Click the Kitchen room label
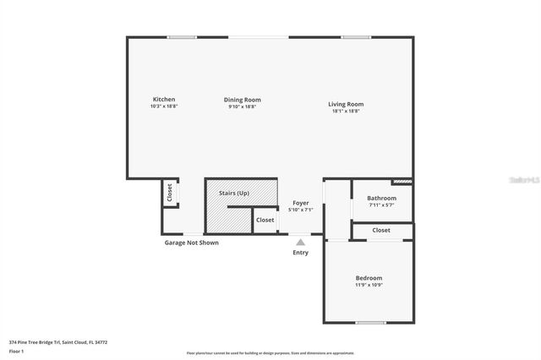[x=163, y=100]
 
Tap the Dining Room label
[x=242, y=100]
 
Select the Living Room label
[x=346, y=104]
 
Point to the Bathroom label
[x=382, y=199]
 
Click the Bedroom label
[x=369, y=278]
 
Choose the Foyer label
[x=300, y=203]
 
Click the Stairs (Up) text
[x=234, y=194]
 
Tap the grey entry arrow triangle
[x=300, y=243]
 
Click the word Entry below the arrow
[x=300, y=253]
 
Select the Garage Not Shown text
[x=191, y=243]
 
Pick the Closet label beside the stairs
[x=265, y=220]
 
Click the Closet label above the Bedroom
[x=381, y=230]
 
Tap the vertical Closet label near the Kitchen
[x=169, y=192]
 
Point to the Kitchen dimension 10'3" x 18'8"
[x=163, y=106]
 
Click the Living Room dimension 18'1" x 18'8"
[x=346, y=111]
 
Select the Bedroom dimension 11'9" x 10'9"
[x=369, y=285]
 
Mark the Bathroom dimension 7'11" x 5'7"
[x=382, y=205]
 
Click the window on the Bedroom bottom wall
[x=370, y=322]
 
